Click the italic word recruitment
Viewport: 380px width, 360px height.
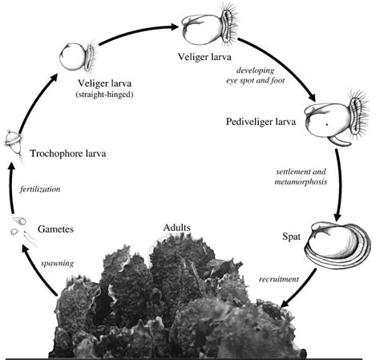(279, 279)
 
